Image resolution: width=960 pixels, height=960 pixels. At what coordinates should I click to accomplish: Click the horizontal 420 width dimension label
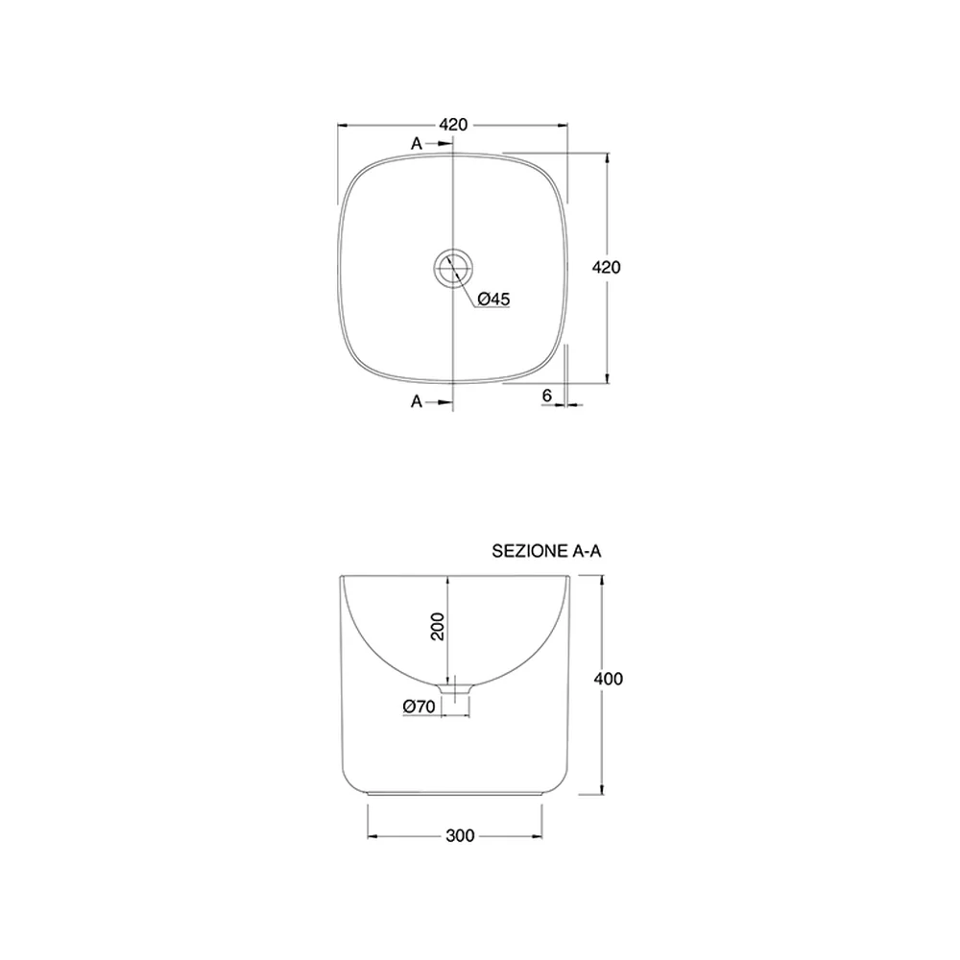(x=453, y=125)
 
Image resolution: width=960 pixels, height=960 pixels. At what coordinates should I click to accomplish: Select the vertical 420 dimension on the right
(x=606, y=268)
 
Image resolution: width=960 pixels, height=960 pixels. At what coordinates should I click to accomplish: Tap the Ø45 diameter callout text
(x=493, y=299)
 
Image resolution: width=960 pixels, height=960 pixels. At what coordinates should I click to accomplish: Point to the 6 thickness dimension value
(x=547, y=396)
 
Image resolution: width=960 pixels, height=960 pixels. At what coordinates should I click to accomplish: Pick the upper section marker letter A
(x=417, y=144)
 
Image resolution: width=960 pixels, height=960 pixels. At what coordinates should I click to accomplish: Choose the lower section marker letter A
(x=417, y=401)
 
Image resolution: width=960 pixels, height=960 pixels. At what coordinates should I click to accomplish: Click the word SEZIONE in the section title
(x=530, y=551)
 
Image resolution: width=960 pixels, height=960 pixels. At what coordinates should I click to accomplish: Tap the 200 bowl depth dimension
(x=438, y=626)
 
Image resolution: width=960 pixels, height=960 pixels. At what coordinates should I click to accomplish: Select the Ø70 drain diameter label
(x=419, y=707)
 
